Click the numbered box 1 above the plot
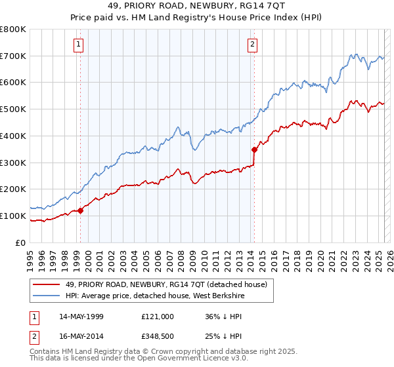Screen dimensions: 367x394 [x=79, y=45]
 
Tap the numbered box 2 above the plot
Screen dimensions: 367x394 [x=253, y=45]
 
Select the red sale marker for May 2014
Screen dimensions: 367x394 [x=254, y=149]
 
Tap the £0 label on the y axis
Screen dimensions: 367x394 [x=20, y=242]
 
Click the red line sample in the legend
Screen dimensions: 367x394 [x=47, y=285]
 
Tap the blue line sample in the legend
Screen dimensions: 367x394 [x=47, y=296]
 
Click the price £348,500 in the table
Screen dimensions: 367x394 [x=157, y=337]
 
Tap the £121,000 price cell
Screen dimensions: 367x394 [x=157, y=316]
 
